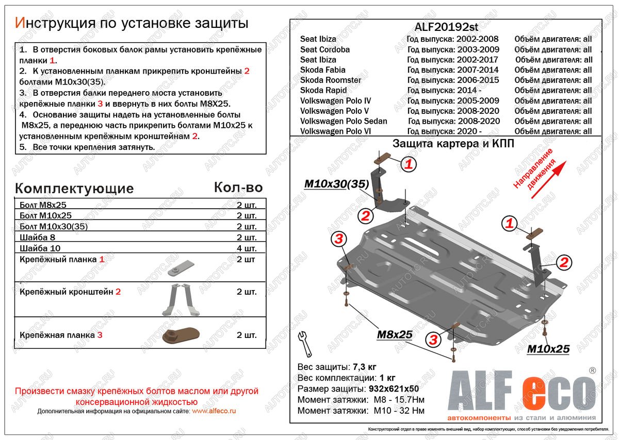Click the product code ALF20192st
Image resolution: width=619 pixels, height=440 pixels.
[x=449, y=27]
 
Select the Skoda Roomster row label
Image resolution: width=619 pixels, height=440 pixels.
[x=331, y=80]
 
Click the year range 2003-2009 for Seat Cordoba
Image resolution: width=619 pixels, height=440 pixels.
[x=478, y=49]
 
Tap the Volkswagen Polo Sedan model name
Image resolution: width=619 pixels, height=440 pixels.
[x=344, y=122]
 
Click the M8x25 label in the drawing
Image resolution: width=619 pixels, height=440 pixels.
[x=395, y=334]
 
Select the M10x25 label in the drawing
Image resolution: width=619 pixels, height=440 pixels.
[x=548, y=349]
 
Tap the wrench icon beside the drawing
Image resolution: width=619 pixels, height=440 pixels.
[x=305, y=344]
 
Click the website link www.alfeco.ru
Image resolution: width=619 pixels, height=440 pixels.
[x=214, y=411]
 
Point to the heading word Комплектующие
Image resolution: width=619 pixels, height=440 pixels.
[x=74, y=188]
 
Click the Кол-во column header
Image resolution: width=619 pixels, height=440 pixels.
[x=238, y=188]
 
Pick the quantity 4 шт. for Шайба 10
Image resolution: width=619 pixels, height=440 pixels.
[x=247, y=249]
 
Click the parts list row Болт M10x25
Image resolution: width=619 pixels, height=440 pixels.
[x=45, y=216]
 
